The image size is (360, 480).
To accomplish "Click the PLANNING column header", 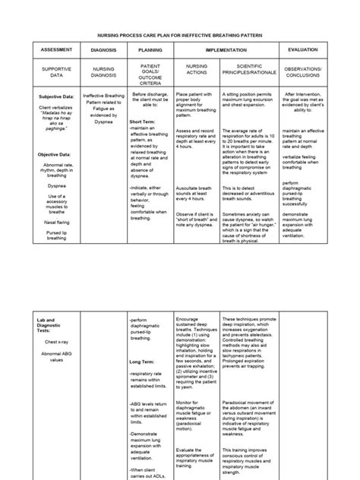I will point(150,49).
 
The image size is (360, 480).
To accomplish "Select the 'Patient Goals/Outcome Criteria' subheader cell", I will point(150,71).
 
